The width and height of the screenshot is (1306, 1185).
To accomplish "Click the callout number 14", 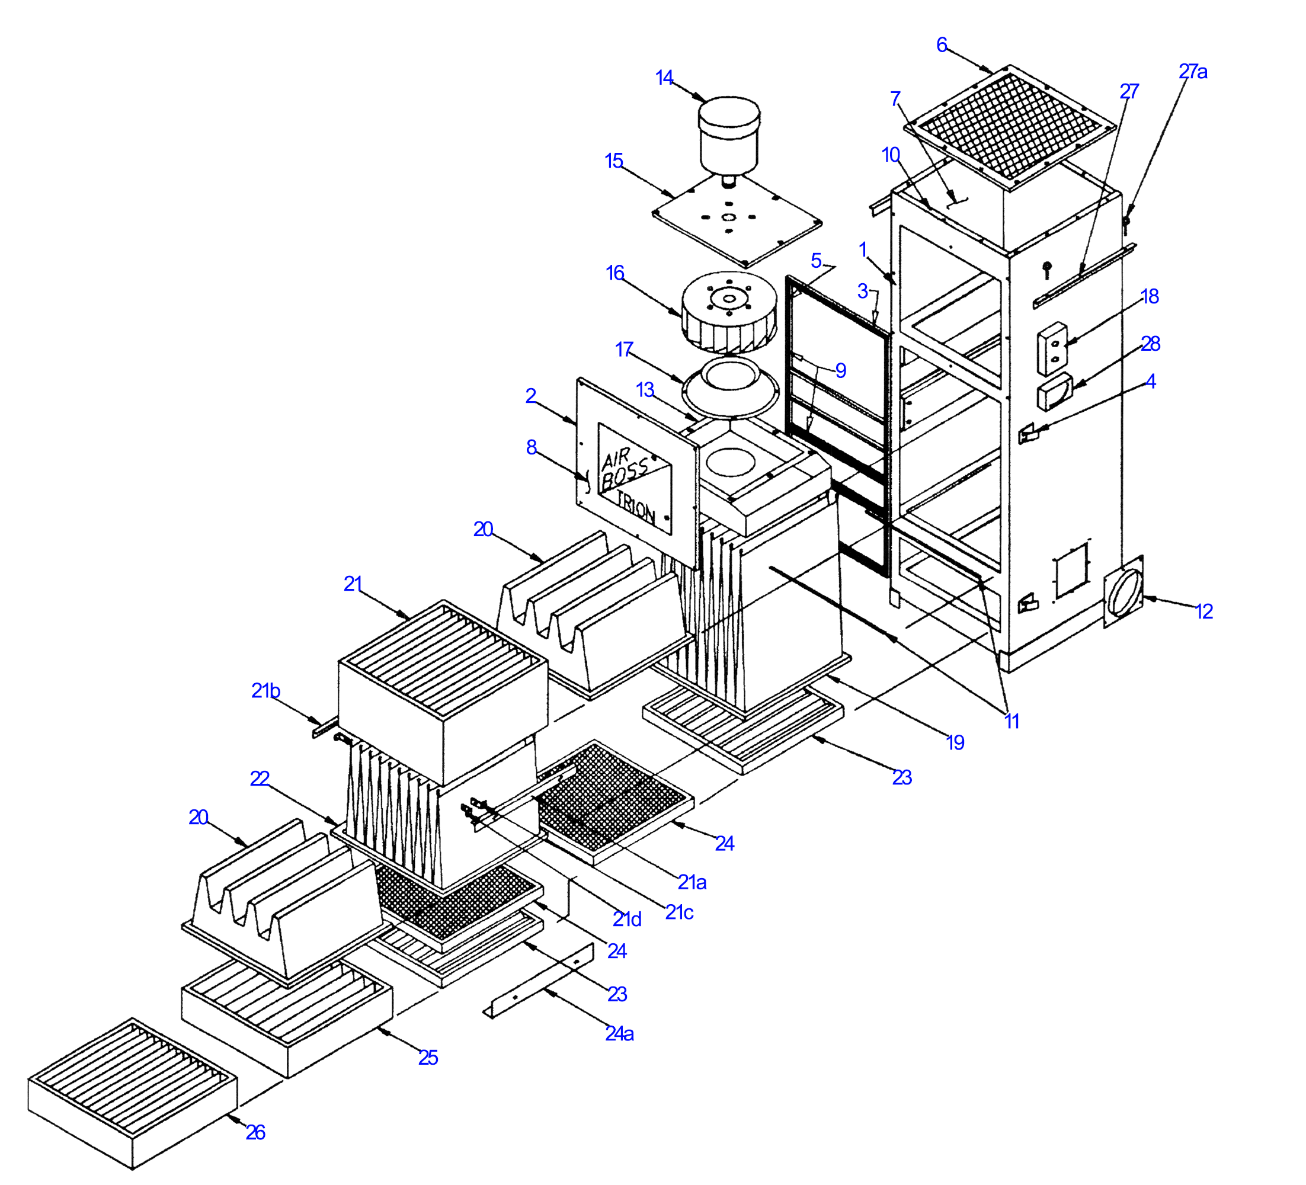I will coord(664,78).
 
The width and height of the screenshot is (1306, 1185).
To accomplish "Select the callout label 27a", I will coord(1193,71).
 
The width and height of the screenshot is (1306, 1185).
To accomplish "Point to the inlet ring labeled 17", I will coord(731,386).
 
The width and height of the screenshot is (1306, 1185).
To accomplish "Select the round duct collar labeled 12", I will coord(1125,591).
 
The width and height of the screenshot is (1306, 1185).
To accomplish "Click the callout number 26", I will coord(255,1132).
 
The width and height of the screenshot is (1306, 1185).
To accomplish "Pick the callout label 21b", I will coord(265,691).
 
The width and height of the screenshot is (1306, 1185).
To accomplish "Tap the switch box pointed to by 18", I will coord(1052,348).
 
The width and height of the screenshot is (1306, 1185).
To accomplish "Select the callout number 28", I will coord(1150,344).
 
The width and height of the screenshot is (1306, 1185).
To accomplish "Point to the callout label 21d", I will coord(627,920).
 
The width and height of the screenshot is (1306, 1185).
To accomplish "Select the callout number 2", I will coord(530,395).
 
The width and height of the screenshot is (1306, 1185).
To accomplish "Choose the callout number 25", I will coord(428,1058).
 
